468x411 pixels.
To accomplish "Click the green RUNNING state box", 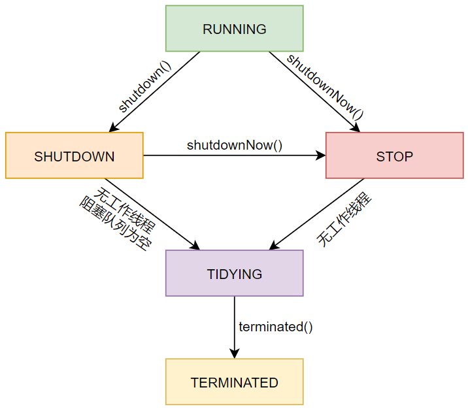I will click(x=234, y=28).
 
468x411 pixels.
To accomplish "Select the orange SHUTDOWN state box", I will click(x=74, y=156).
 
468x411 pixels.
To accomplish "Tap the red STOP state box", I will click(x=394, y=156).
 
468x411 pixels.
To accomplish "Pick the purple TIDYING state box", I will click(x=234, y=273).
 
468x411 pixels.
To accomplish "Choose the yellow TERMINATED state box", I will click(x=234, y=382).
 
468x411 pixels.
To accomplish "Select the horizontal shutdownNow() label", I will click(x=235, y=144).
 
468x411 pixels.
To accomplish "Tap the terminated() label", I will click(x=276, y=327).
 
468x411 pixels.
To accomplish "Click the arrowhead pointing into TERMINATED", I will click(x=234, y=353).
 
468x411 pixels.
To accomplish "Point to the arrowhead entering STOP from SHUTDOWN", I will click(x=320, y=156).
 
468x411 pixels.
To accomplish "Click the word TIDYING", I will click(x=234, y=274).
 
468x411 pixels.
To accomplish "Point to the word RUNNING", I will click(x=234, y=29).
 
